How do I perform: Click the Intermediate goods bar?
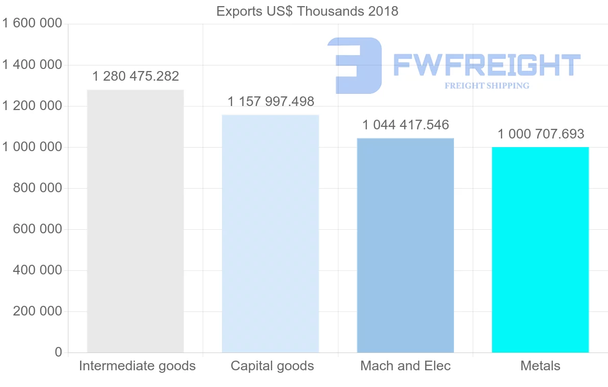point(135,221)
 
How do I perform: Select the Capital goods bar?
point(271,233)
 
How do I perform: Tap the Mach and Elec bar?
point(405,245)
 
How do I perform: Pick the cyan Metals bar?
point(540,250)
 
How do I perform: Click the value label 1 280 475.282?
point(136,77)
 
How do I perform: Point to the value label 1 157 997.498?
point(271,101)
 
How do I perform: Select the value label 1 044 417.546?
point(406,125)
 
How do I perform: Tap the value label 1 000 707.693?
point(541,134)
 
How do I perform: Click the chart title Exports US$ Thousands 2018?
point(307,11)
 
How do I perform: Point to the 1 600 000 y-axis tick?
point(32,24)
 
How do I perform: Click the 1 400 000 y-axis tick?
point(32,65)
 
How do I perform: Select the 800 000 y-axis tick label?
point(36,188)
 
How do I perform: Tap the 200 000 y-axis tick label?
point(36,311)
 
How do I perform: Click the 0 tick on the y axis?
point(58,353)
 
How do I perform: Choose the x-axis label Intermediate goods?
point(137,366)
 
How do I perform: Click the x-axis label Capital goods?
point(272,366)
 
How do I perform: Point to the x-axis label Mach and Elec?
point(405,366)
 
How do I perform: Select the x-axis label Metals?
point(540,366)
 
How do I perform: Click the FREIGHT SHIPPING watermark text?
point(487,86)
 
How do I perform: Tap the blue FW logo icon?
point(355,65)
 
